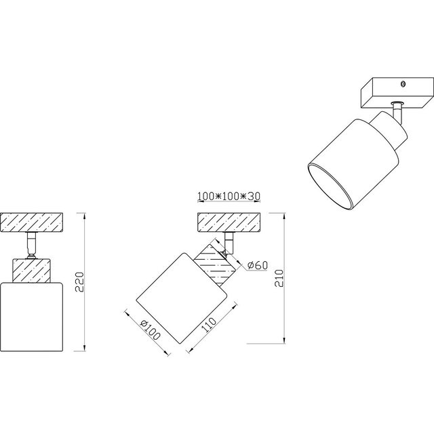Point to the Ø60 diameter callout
coord(256,265)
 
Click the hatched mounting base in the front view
coord(33,222)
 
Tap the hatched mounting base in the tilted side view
coord(229,222)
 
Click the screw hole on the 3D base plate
coord(403,84)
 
